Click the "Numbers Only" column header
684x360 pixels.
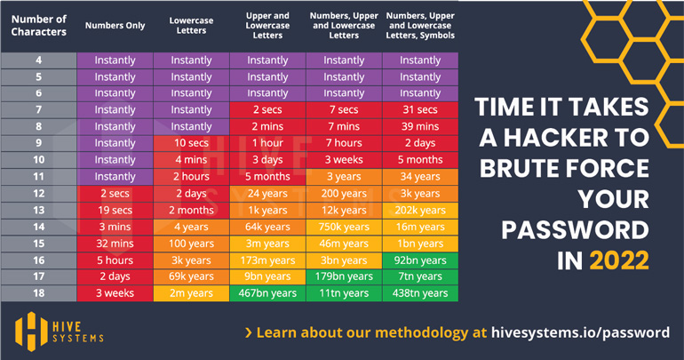[115, 26]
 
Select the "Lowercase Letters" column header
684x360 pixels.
[191, 26]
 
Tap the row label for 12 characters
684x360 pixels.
[38, 193]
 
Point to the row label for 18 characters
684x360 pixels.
[38, 292]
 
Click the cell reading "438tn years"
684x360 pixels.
[420, 292]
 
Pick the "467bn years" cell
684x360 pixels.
[267, 292]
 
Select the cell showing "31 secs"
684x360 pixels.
[420, 110]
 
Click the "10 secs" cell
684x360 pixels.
[191, 143]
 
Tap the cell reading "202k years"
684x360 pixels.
[420, 210]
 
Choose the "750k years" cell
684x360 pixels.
[344, 227]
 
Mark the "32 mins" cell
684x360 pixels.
[115, 243]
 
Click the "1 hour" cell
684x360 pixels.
[267, 143]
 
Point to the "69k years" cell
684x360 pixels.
[191, 276]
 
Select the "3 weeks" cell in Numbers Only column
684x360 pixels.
[115, 292]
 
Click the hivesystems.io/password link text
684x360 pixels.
[581, 332]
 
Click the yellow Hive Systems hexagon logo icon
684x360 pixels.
[30, 328]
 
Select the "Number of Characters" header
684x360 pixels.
[38, 26]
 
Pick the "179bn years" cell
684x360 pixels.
[344, 276]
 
